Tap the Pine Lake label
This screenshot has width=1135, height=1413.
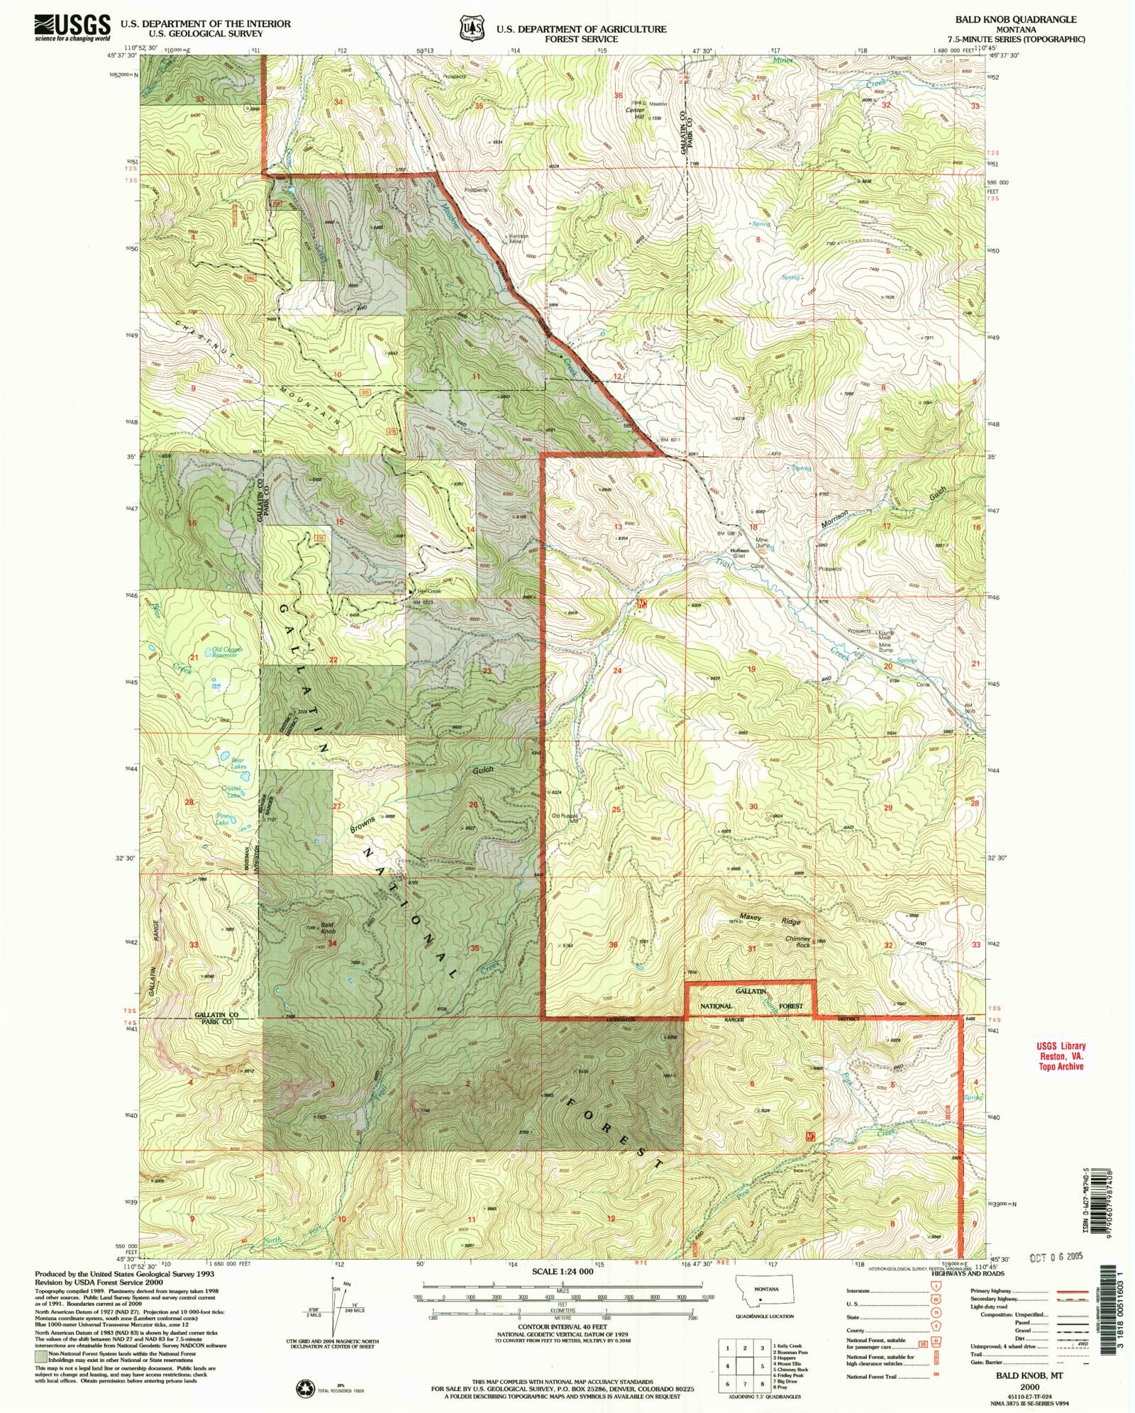222,819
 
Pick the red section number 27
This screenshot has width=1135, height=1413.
337,806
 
